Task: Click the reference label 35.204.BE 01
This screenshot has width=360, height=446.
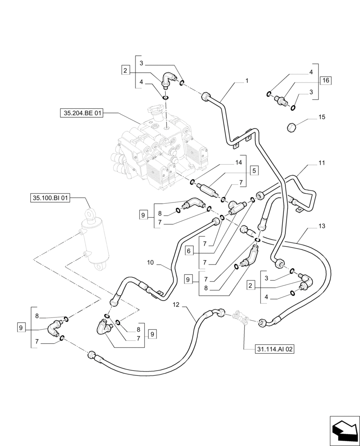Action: (81, 114)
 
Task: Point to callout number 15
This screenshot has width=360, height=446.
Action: (322, 117)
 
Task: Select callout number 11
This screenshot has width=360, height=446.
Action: (321, 164)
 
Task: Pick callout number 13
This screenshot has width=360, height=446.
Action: (322, 226)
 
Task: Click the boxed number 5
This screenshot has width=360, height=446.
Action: (254, 170)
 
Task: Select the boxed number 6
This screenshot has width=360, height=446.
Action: (189, 251)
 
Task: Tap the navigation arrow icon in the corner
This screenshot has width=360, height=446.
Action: (344, 430)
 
